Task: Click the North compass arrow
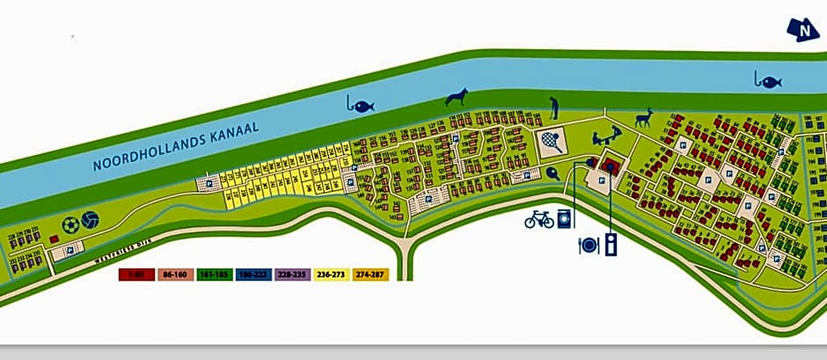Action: coord(803,30)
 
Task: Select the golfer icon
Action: coord(554,107)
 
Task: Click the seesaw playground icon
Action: coord(604,138)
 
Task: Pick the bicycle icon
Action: coord(538,218)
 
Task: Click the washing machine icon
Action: coord(565,218)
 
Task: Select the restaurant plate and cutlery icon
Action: coord(589,245)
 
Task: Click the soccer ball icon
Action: coord(70,224)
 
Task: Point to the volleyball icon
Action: coord(90,220)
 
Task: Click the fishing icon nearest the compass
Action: coord(767,81)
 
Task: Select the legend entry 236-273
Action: coord(333,275)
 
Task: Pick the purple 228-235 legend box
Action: coord(293,275)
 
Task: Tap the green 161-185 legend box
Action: coord(215,275)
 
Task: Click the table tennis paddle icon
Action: coord(552,173)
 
